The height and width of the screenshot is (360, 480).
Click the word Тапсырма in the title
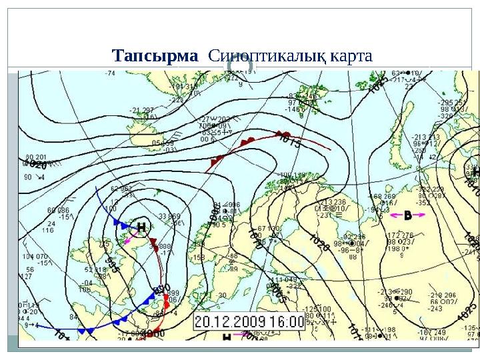(x=155, y=55)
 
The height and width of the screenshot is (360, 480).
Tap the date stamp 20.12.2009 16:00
(x=249, y=323)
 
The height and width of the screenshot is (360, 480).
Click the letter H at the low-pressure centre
(x=141, y=227)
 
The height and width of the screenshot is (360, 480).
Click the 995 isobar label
(x=112, y=267)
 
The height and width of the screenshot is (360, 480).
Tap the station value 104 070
(x=36, y=257)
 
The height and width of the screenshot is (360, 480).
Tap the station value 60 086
(x=58, y=211)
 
